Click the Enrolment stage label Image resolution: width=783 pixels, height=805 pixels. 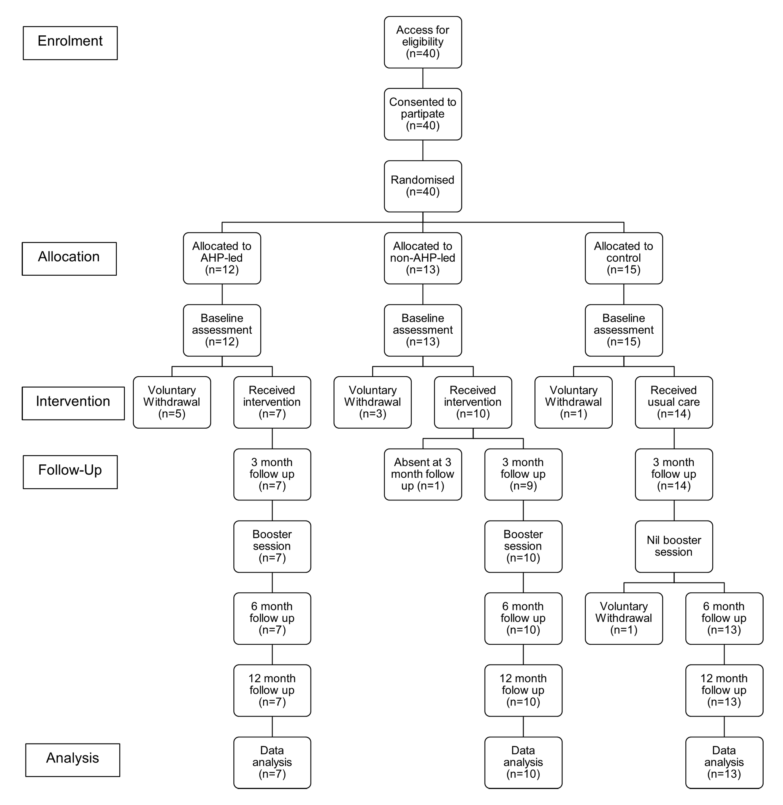70,43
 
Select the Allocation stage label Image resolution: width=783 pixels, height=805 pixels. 69,259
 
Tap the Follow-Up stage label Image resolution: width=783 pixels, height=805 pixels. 70,472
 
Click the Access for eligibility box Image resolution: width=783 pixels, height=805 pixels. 423,42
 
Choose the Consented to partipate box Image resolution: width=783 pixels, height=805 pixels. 423,114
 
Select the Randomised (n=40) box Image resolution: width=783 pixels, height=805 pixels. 423,186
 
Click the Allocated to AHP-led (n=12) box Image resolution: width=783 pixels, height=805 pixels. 222,259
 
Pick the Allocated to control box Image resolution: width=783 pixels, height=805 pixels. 624,259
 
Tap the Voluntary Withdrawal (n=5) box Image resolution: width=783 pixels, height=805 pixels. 172,402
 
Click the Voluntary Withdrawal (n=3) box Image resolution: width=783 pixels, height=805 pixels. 372,402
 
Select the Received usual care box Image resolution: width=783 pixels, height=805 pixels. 674,402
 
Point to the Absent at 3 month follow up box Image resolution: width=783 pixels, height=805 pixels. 423,475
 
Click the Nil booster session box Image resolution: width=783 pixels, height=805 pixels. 674,546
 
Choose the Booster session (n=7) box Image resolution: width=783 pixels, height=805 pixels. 272,546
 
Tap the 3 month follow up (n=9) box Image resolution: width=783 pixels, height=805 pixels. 523,475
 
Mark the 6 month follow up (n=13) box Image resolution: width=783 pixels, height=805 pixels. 724,619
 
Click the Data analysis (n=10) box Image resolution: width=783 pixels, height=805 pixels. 523,763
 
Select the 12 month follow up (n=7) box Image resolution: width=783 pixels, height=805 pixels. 272,691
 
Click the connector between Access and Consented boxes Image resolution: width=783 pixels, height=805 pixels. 423,78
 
